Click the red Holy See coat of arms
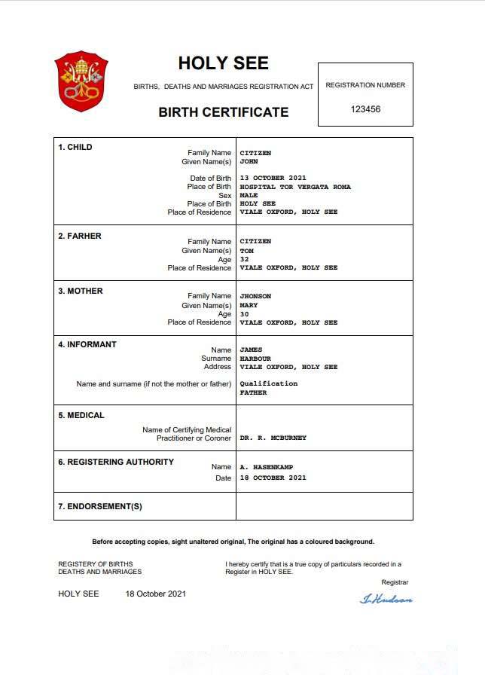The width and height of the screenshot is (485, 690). (x=81, y=81)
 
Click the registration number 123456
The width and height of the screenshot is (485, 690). (x=365, y=109)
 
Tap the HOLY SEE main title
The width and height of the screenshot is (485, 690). (x=223, y=63)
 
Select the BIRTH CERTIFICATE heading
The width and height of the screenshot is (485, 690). (x=223, y=112)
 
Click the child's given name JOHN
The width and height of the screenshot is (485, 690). (x=249, y=162)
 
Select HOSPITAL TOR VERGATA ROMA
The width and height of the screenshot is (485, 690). (x=295, y=187)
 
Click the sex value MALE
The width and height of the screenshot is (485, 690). (x=249, y=195)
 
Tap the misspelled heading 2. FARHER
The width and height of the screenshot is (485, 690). (x=80, y=236)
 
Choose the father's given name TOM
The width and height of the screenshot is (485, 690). (x=246, y=251)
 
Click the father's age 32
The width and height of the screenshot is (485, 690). (x=244, y=259)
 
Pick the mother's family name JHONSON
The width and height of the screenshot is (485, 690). (x=255, y=296)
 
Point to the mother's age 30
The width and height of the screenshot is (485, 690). (x=244, y=314)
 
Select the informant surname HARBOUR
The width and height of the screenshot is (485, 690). (x=255, y=359)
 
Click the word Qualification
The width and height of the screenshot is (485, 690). (x=268, y=383)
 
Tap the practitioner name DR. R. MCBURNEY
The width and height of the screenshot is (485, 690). (x=273, y=438)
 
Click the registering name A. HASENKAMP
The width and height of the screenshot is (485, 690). (x=267, y=467)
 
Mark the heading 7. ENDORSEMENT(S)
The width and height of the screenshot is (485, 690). (x=100, y=506)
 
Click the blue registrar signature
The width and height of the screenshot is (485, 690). (x=386, y=600)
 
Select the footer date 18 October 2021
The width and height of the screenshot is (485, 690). (x=155, y=594)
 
